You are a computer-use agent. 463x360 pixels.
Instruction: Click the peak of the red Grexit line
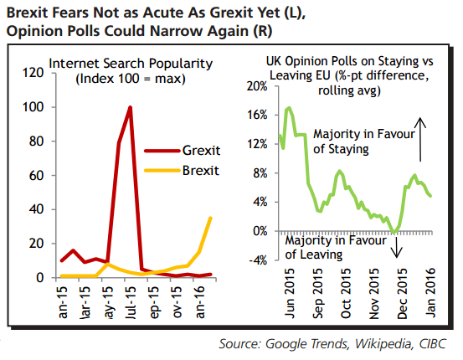(130, 107)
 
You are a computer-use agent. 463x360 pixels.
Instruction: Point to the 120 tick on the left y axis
(33, 73)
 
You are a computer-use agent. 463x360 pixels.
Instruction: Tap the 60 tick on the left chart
(36, 175)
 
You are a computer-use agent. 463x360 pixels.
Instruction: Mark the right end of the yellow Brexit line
(210, 218)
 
